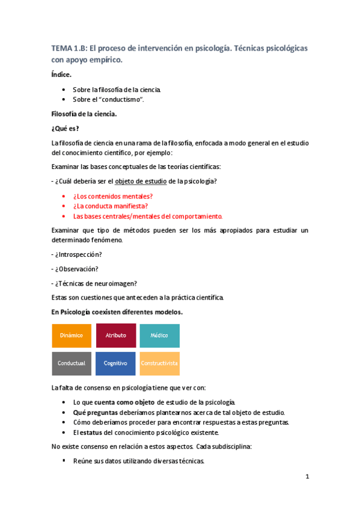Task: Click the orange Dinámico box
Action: tap(72, 335)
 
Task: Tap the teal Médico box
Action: tap(159, 335)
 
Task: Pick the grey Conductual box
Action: tap(72, 363)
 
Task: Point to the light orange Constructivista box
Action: tap(159, 363)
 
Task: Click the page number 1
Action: tap(307, 478)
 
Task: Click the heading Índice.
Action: tap(61, 75)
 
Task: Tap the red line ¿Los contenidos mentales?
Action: tap(112, 196)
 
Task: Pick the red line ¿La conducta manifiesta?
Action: tap(110, 206)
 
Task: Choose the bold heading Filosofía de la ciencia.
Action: tap(84, 114)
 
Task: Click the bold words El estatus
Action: tap(85, 432)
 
